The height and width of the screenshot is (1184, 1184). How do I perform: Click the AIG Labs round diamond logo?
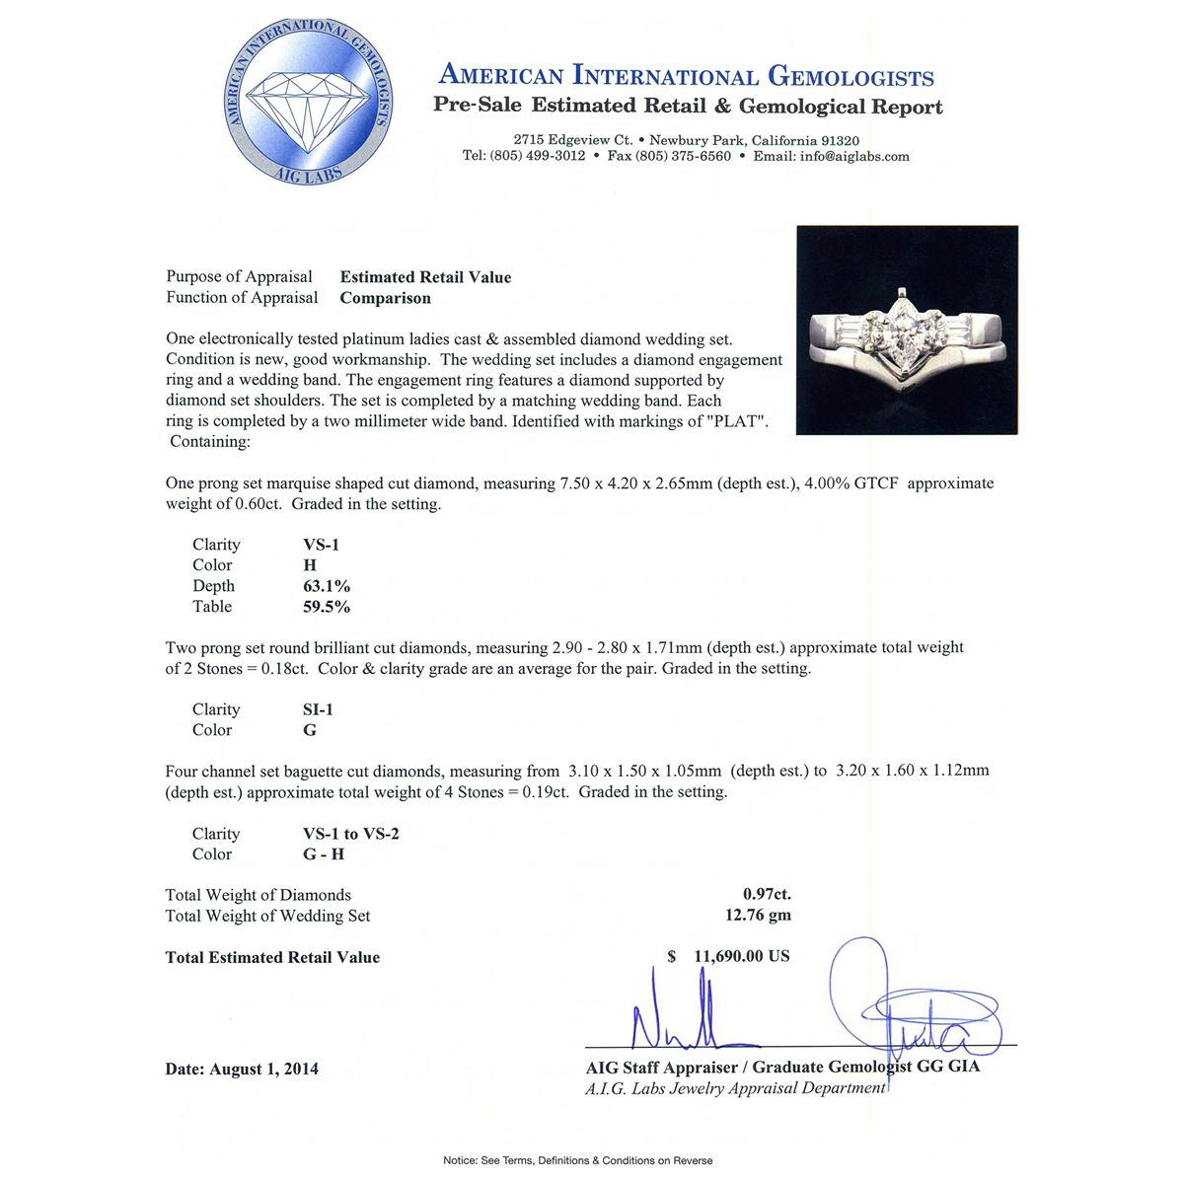pos(309,103)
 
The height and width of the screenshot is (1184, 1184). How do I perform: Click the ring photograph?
pos(907,330)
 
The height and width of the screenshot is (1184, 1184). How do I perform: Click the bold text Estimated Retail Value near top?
pos(425,277)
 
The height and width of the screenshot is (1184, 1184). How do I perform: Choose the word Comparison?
pos(385,298)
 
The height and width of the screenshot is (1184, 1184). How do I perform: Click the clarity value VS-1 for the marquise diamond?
pos(321,545)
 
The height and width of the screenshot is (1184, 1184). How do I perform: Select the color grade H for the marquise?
pos(310,565)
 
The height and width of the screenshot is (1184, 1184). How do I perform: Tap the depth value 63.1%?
pos(326,586)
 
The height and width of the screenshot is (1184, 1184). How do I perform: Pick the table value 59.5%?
pos(326,607)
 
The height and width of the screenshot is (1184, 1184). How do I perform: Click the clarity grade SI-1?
pos(319,709)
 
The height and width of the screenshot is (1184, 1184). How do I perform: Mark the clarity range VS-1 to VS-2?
pos(350,834)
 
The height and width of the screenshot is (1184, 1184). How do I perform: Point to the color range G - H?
pos(324,854)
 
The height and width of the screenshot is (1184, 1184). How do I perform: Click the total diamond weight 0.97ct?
pos(767,895)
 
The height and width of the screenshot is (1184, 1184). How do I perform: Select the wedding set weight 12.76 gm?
pos(758,916)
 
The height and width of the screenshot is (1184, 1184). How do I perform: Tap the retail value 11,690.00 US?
pos(741,956)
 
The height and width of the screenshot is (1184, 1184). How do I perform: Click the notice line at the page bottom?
pos(577,1160)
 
